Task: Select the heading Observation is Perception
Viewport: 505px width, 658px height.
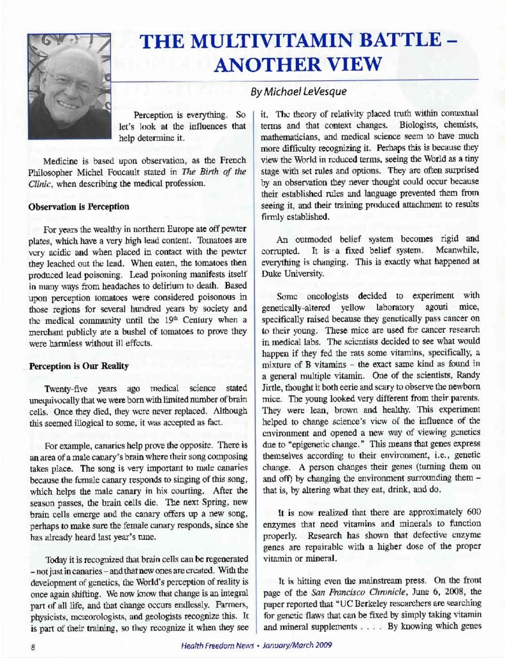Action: coord(78,207)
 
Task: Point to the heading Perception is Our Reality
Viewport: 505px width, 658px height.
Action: coord(79,366)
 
